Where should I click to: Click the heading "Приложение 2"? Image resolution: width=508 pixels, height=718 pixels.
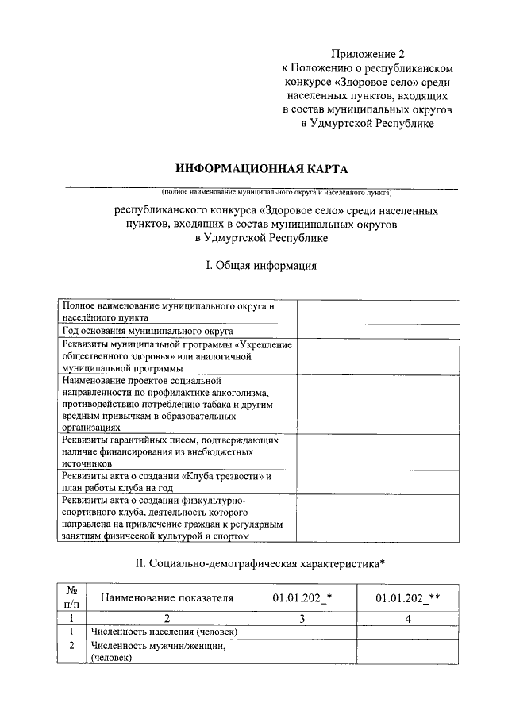368,55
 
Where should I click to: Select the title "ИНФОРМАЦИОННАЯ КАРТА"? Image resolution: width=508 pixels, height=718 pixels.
261,169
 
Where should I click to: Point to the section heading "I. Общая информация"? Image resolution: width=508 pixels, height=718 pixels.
261,266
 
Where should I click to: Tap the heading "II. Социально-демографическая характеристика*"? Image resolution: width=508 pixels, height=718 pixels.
261,564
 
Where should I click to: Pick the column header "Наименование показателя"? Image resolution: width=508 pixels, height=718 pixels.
167,597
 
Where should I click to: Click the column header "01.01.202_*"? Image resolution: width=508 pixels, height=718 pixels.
302,597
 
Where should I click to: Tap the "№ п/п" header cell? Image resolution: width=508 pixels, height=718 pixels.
71,597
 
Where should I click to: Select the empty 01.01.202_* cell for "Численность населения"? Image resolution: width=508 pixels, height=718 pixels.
302,632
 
